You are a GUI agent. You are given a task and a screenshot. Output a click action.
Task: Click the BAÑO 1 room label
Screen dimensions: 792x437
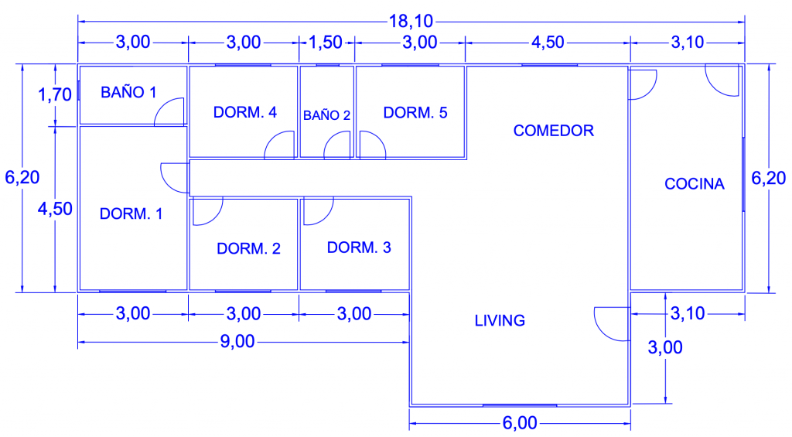pyautogui.click(x=128, y=92)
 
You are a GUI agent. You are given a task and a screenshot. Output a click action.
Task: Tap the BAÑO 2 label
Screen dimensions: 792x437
pyautogui.click(x=326, y=115)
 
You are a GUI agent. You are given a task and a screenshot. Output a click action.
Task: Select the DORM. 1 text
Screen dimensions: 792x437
pyautogui.click(x=131, y=213)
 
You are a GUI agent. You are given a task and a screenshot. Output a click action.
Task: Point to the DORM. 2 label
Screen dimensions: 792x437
pyautogui.click(x=248, y=248)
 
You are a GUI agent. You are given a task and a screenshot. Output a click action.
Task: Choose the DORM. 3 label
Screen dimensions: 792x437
pyautogui.click(x=359, y=248)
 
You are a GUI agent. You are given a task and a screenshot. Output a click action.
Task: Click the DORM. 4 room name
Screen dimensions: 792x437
pyautogui.click(x=244, y=112)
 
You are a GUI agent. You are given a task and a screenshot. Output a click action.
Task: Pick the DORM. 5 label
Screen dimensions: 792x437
pyautogui.click(x=415, y=113)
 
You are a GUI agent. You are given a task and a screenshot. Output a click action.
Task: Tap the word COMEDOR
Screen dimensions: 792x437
pyautogui.click(x=554, y=131)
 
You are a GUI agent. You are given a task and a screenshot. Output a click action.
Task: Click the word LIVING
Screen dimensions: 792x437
pyautogui.click(x=500, y=320)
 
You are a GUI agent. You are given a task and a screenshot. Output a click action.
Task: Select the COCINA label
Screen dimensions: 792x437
pyautogui.click(x=694, y=184)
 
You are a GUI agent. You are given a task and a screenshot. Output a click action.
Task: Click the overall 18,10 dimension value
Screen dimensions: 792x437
pyautogui.click(x=411, y=21)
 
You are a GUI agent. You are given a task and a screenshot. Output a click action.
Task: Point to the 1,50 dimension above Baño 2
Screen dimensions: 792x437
pyautogui.click(x=326, y=43)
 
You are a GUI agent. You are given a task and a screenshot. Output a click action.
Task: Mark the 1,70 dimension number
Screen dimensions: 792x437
pyautogui.click(x=55, y=94)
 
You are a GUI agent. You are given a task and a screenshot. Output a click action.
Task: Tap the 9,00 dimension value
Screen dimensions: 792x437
pyautogui.click(x=237, y=342)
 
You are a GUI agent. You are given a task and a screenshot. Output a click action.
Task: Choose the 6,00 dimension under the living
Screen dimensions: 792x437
pyautogui.click(x=520, y=423)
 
